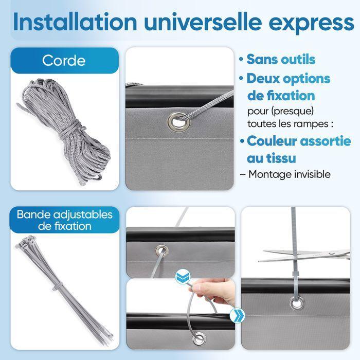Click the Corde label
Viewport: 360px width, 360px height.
[x=64, y=60]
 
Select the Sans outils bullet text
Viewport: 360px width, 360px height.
[x=281, y=59]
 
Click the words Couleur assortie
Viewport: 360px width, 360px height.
[x=302, y=140]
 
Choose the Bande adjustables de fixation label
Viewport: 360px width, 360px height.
[x=65, y=220]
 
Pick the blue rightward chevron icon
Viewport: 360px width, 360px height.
[x=238, y=315]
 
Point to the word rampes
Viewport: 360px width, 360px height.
[x=309, y=124]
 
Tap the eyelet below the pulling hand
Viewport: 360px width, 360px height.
[x=198, y=339]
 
